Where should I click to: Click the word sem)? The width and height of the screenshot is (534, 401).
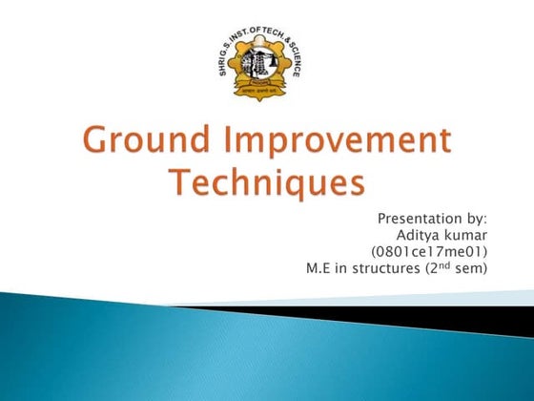click(x=469, y=268)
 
